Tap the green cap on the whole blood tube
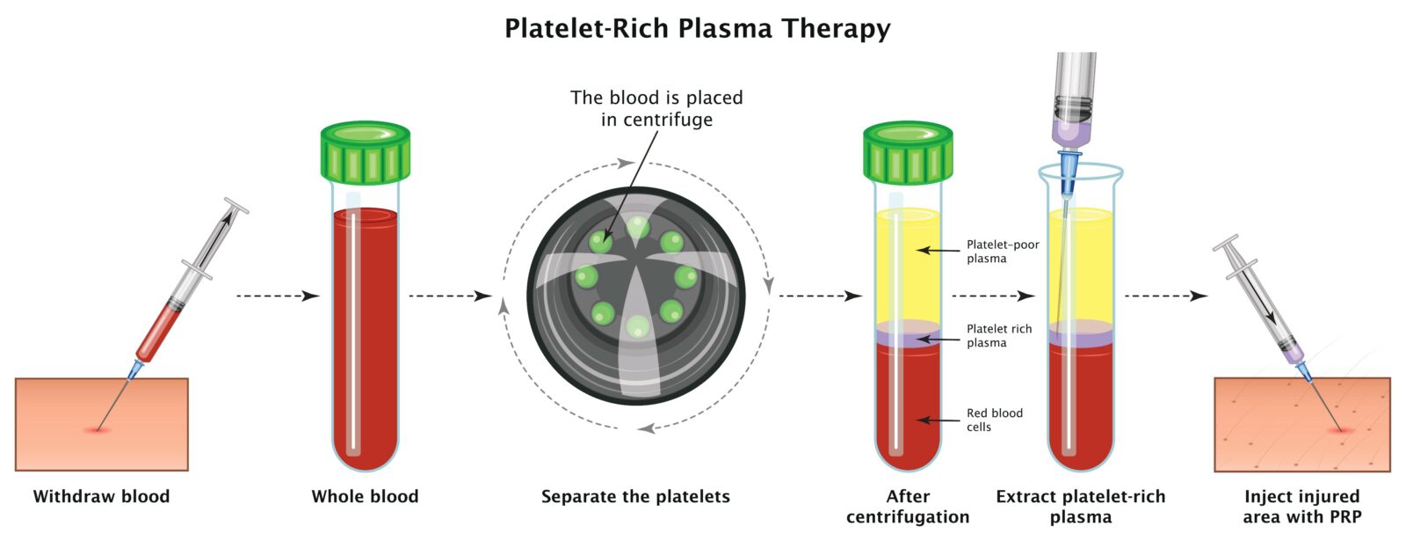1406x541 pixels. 366,153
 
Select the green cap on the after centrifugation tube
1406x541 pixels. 908,153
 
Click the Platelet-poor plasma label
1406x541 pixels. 1003,252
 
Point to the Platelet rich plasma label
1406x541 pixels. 998,335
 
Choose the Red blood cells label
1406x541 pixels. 994,420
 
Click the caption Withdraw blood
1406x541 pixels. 101,496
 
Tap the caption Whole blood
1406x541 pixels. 365,496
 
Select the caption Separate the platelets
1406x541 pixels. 635,496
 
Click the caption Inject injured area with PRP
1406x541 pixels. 1301,507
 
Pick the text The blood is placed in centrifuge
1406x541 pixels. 656,108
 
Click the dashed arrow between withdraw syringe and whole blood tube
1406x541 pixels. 278,296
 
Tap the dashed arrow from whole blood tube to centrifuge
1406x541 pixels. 451,296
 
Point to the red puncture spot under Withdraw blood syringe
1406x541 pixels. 98,430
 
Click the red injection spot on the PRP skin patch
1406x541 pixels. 1342,431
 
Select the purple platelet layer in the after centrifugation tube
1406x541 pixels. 908,333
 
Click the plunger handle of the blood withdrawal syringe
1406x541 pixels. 236,206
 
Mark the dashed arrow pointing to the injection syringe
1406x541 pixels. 1166,296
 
